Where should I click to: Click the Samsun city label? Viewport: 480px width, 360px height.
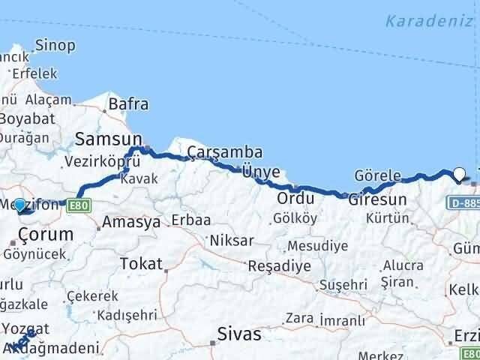tap(108, 139)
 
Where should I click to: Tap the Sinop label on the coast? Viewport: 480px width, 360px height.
tap(55, 46)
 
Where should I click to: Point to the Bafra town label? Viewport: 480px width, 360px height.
tap(128, 105)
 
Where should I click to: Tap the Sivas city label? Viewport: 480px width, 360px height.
tap(239, 334)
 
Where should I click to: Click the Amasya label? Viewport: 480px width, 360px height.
tap(131, 222)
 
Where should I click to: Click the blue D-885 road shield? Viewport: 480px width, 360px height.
tap(464, 202)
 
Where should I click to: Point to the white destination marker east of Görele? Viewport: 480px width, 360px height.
tap(459, 174)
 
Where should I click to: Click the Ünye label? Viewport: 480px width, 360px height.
tap(260, 172)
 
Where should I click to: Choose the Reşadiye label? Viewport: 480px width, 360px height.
tap(279, 267)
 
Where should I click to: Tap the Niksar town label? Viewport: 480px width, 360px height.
tap(232, 241)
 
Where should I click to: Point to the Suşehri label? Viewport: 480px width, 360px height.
tap(343, 285)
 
